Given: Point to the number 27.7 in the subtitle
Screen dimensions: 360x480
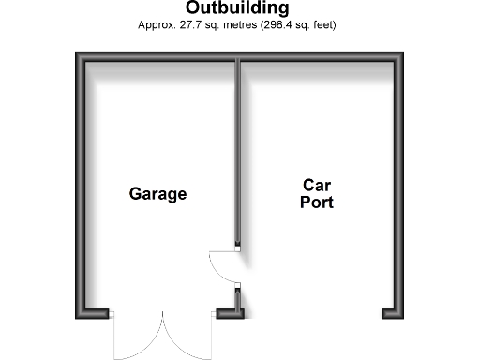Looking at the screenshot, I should point(185,24).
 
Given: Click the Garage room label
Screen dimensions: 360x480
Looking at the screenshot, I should point(157,194).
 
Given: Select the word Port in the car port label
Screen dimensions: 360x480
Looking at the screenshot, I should point(317,202).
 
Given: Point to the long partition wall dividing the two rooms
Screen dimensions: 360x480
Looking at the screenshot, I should point(238,150).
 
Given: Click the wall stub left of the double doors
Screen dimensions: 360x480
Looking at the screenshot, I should point(95,313).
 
